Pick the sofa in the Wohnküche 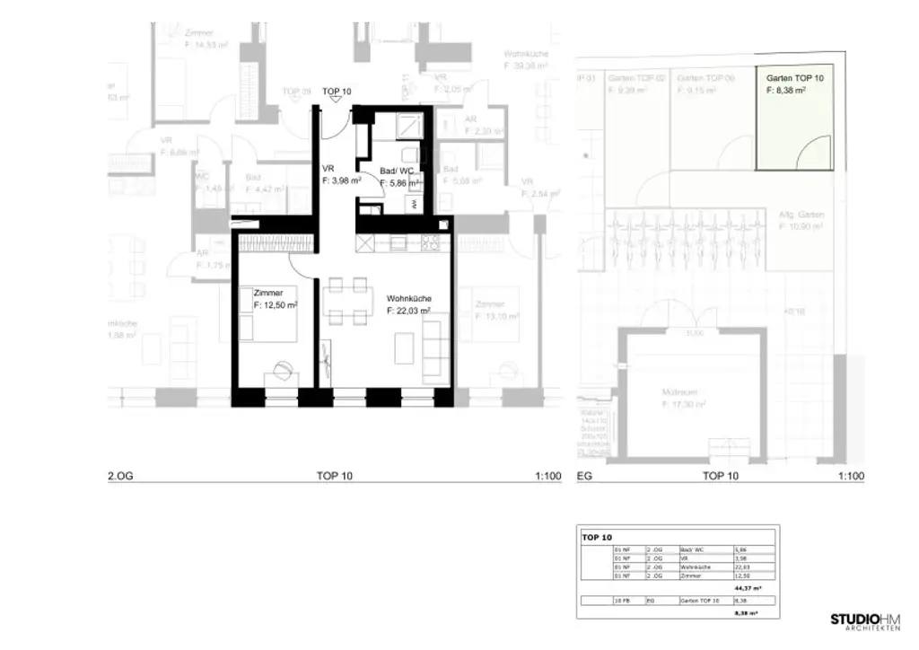click(x=433, y=348)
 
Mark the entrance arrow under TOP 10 click(x=337, y=101)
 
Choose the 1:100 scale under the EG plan click(x=851, y=477)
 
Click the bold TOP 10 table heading click(x=597, y=537)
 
